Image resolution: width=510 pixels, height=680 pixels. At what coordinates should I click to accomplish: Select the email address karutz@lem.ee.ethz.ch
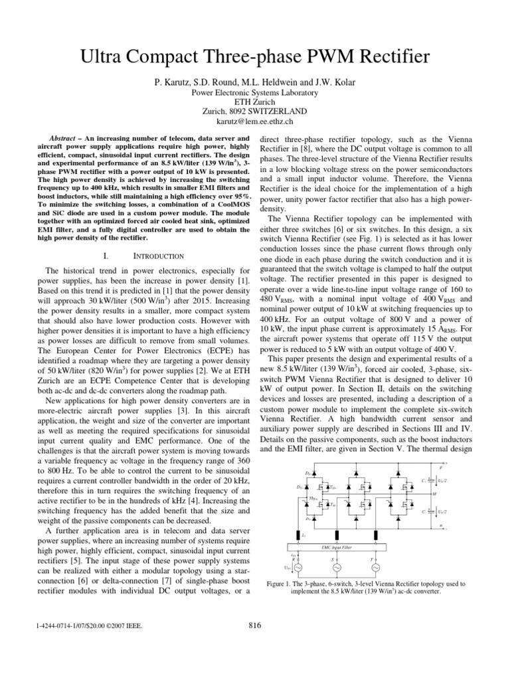click(x=254, y=122)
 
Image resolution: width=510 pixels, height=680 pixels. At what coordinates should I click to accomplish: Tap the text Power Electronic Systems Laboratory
click(x=254, y=93)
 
